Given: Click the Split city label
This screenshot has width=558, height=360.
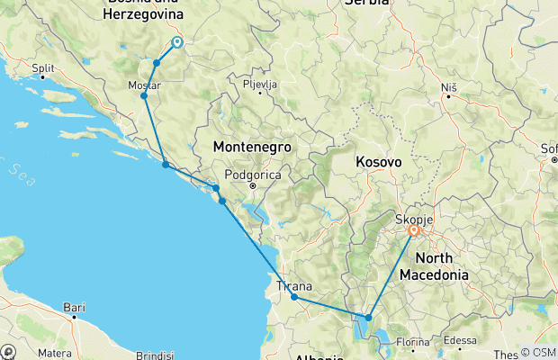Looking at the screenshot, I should [42, 67].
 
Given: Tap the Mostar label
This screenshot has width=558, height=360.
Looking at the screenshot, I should [145, 85].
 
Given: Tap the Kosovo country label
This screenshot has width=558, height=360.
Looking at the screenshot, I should [377, 161].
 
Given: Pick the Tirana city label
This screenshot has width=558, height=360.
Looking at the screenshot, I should [294, 285].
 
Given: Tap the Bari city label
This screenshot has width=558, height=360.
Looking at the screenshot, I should [74, 307].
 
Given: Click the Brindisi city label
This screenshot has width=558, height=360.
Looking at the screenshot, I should [155, 355].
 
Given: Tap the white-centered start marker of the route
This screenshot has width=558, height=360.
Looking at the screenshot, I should [177, 41].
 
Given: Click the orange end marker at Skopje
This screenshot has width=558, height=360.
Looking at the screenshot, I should [414, 230].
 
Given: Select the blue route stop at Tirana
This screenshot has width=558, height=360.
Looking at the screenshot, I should [294, 297].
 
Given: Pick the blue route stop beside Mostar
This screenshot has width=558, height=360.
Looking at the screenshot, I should [144, 95].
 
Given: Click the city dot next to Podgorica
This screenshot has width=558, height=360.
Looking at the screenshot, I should [253, 185].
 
